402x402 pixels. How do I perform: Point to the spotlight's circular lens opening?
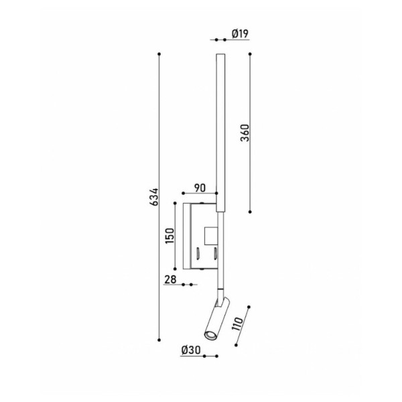[208, 334]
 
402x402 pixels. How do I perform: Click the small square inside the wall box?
[210, 236]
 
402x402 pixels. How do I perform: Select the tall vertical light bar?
[220, 134]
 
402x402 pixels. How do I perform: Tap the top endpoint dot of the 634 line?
[159, 54]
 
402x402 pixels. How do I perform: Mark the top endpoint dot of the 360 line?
[250, 54]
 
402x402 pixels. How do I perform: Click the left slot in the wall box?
[199, 253]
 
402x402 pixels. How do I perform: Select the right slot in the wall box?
[214, 253]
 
